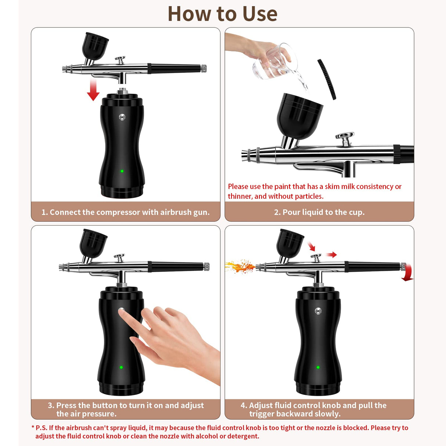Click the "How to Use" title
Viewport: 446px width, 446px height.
pyautogui.click(x=222, y=14)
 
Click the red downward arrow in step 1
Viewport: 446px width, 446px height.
pyautogui.click(x=93, y=90)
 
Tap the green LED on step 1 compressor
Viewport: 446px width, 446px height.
pyautogui.click(x=122, y=171)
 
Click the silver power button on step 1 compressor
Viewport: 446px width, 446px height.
pyautogui.click(x=122, y=117)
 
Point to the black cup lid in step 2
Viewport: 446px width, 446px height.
pyautogui.click(x=327, y=79)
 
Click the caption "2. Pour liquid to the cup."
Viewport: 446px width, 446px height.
pyautogui.click(x=319, y=212)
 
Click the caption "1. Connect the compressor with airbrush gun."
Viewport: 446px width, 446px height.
pyautogui.click(x=125, y=212)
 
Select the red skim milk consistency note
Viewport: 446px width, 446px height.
pyautogui.click(x=314, y=191)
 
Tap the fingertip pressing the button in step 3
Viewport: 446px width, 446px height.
pyautogui.click(x=122, y=312)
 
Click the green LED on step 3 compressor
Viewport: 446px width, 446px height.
pyautogui.click(x=121, y=367)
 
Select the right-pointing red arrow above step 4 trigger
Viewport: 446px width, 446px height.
pyautogui.click(x=331, y=255)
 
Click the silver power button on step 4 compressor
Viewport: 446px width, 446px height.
pyautogui.click(x=318, y=311)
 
